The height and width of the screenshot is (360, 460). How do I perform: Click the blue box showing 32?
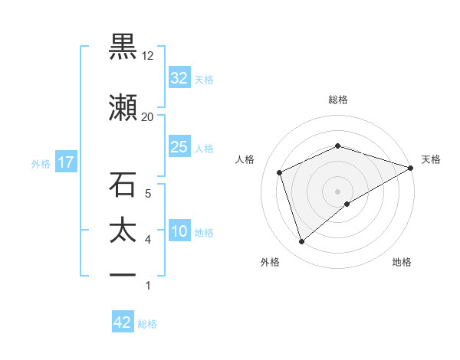[x=179, y=78]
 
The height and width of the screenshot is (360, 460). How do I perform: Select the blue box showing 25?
[x=179, y=147]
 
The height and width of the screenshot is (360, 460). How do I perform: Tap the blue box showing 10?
[x=179, y=232]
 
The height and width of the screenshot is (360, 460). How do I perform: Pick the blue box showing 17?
[x=65, y=163]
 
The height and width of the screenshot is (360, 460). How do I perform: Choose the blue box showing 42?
[x=122, y=322]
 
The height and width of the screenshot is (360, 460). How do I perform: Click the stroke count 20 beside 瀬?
[x=147, y=116]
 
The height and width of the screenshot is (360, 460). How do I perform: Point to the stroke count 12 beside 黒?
[x=147, y=56]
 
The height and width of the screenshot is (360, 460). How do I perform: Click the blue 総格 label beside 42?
[x=147, y=324]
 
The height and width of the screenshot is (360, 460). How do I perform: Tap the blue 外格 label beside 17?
[x=40, y=164]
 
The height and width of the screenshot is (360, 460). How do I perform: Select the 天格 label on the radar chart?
[x=431, y=159]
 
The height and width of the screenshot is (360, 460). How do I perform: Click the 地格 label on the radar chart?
[x=402, y=263]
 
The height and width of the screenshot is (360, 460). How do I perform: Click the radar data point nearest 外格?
[x=301, y=242]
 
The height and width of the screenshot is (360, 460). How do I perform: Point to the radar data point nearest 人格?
[x=280, y=172]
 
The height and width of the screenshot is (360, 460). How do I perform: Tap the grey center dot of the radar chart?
[x=338, y=191]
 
